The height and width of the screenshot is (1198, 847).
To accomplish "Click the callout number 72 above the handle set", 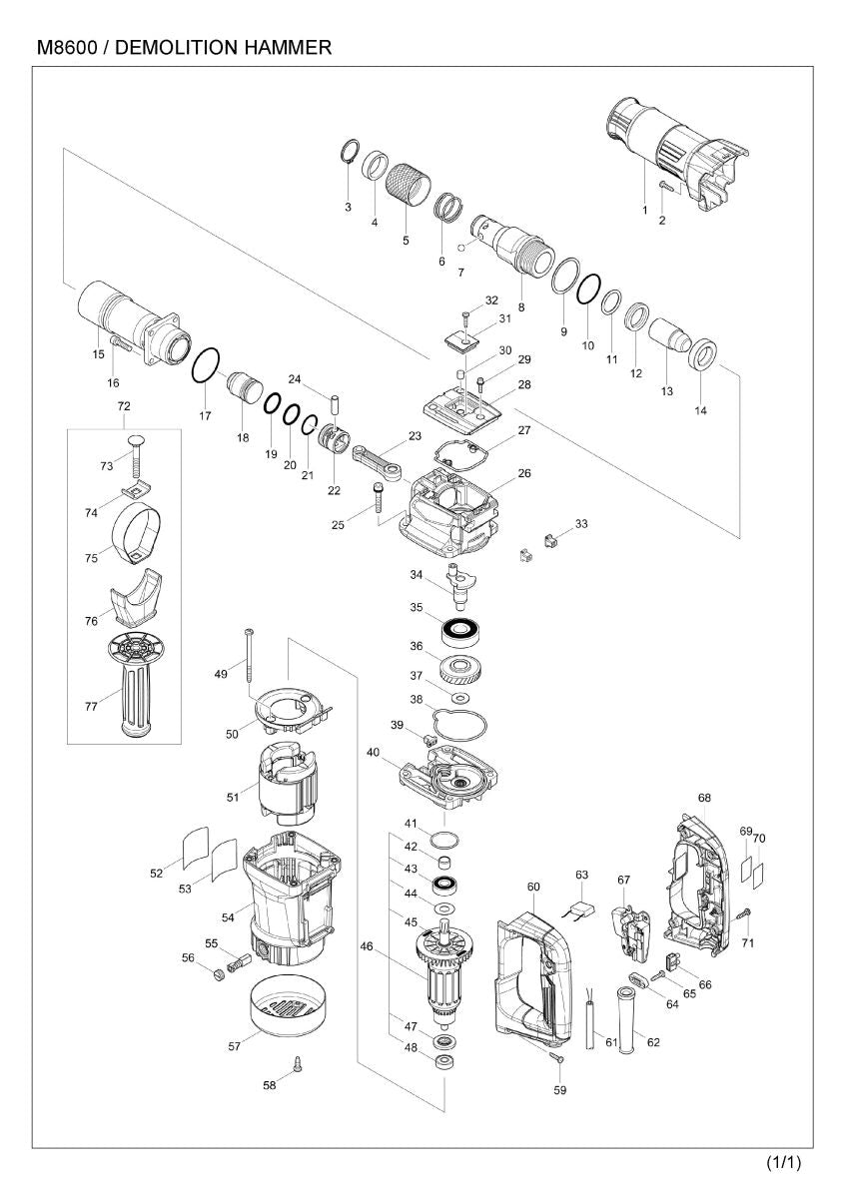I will click(124, 406).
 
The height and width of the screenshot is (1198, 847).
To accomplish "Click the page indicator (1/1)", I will click(784, 1162).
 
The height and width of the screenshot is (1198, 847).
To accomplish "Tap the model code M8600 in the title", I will click(67, 47).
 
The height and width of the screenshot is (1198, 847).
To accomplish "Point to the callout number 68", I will click(704, 798).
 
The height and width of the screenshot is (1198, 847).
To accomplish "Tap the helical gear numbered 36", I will click(461, 668).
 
